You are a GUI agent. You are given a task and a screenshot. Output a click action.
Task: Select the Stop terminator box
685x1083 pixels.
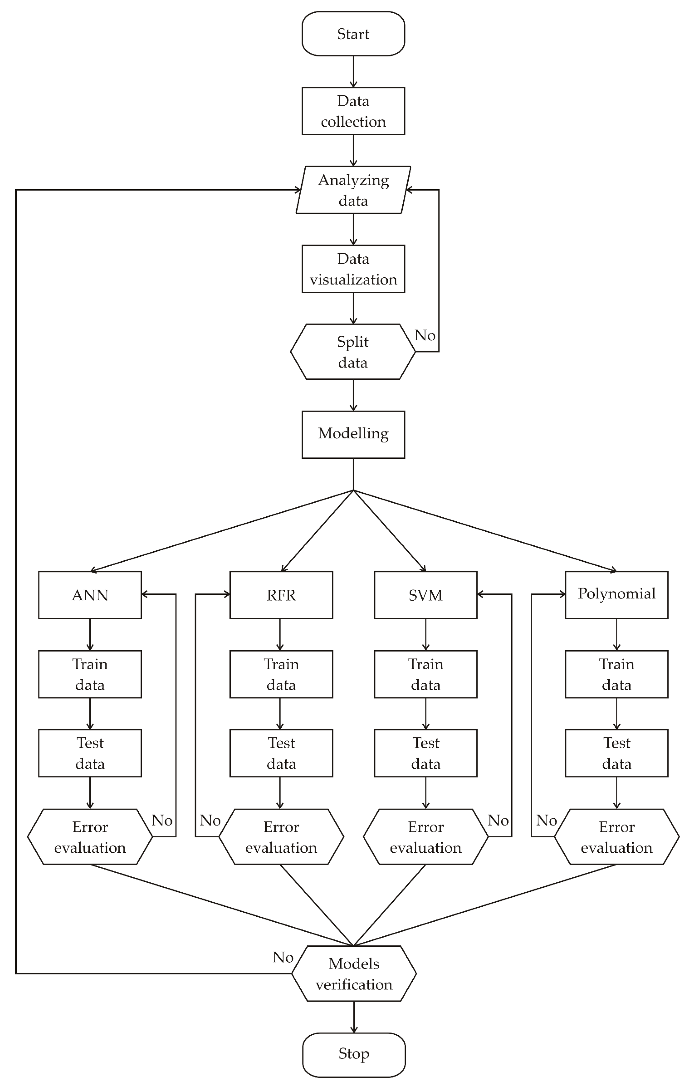[354, 1054]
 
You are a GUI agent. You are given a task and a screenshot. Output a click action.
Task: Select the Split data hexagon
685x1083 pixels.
[353, 352]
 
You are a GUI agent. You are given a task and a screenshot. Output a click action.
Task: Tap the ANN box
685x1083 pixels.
[90, 595]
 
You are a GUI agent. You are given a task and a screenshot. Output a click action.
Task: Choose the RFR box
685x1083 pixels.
[281, 595]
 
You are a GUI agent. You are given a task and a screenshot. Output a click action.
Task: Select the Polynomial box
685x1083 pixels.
[616, 595]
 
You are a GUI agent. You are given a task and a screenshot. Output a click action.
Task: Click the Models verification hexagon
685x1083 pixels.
[354, 974]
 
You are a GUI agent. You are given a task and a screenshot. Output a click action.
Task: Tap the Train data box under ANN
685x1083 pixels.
[90, 674]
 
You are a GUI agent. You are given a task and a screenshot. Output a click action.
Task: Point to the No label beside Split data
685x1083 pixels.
[425, 335]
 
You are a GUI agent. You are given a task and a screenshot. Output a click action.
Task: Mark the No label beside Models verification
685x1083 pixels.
[283, 957]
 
